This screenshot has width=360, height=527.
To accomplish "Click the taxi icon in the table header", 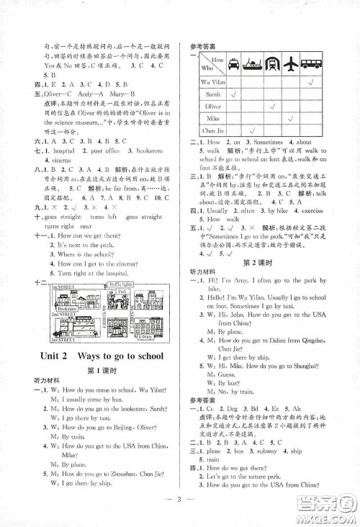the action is click(234, 64).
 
